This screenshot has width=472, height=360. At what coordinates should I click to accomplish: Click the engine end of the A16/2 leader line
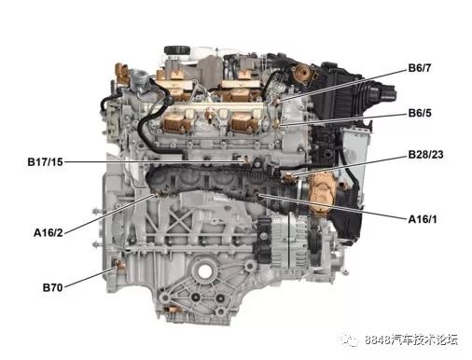tap(152, 196)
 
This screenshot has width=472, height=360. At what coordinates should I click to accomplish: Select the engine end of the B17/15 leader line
tap(245, 161)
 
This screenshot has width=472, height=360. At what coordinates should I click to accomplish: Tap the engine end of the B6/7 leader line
tap(279, 102)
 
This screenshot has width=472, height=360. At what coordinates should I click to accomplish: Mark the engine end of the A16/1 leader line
tap(261, 197)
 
